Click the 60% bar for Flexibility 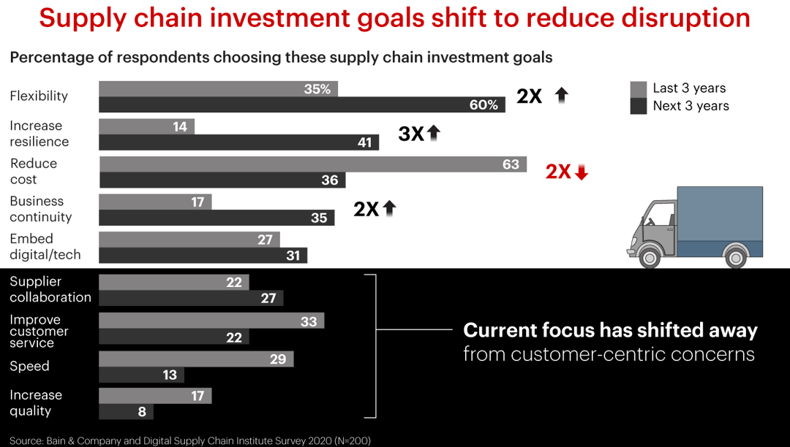(x=301, y=104)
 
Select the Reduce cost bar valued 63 (x=312, y=164)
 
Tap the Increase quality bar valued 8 (x=126, y=411)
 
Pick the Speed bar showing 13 (x=141, y=375)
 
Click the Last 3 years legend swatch (x=639, y=89)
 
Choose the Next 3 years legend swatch (x=639, y=107)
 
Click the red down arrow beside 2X (x=582, y=172)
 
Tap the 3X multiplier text (x=410, y=134)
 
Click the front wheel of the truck (x=648, y=256)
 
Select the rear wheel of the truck (x=734, y=256)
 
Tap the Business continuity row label (x=41, y=209)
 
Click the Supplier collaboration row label (x=50, y=289)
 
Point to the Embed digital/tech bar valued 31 (x=203, y=255)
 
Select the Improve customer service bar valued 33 (x=211, y=321)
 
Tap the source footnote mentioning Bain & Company (x=190, y=440)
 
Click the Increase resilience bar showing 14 (x=146, y=126)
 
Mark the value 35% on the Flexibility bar (x=317, y=89)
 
